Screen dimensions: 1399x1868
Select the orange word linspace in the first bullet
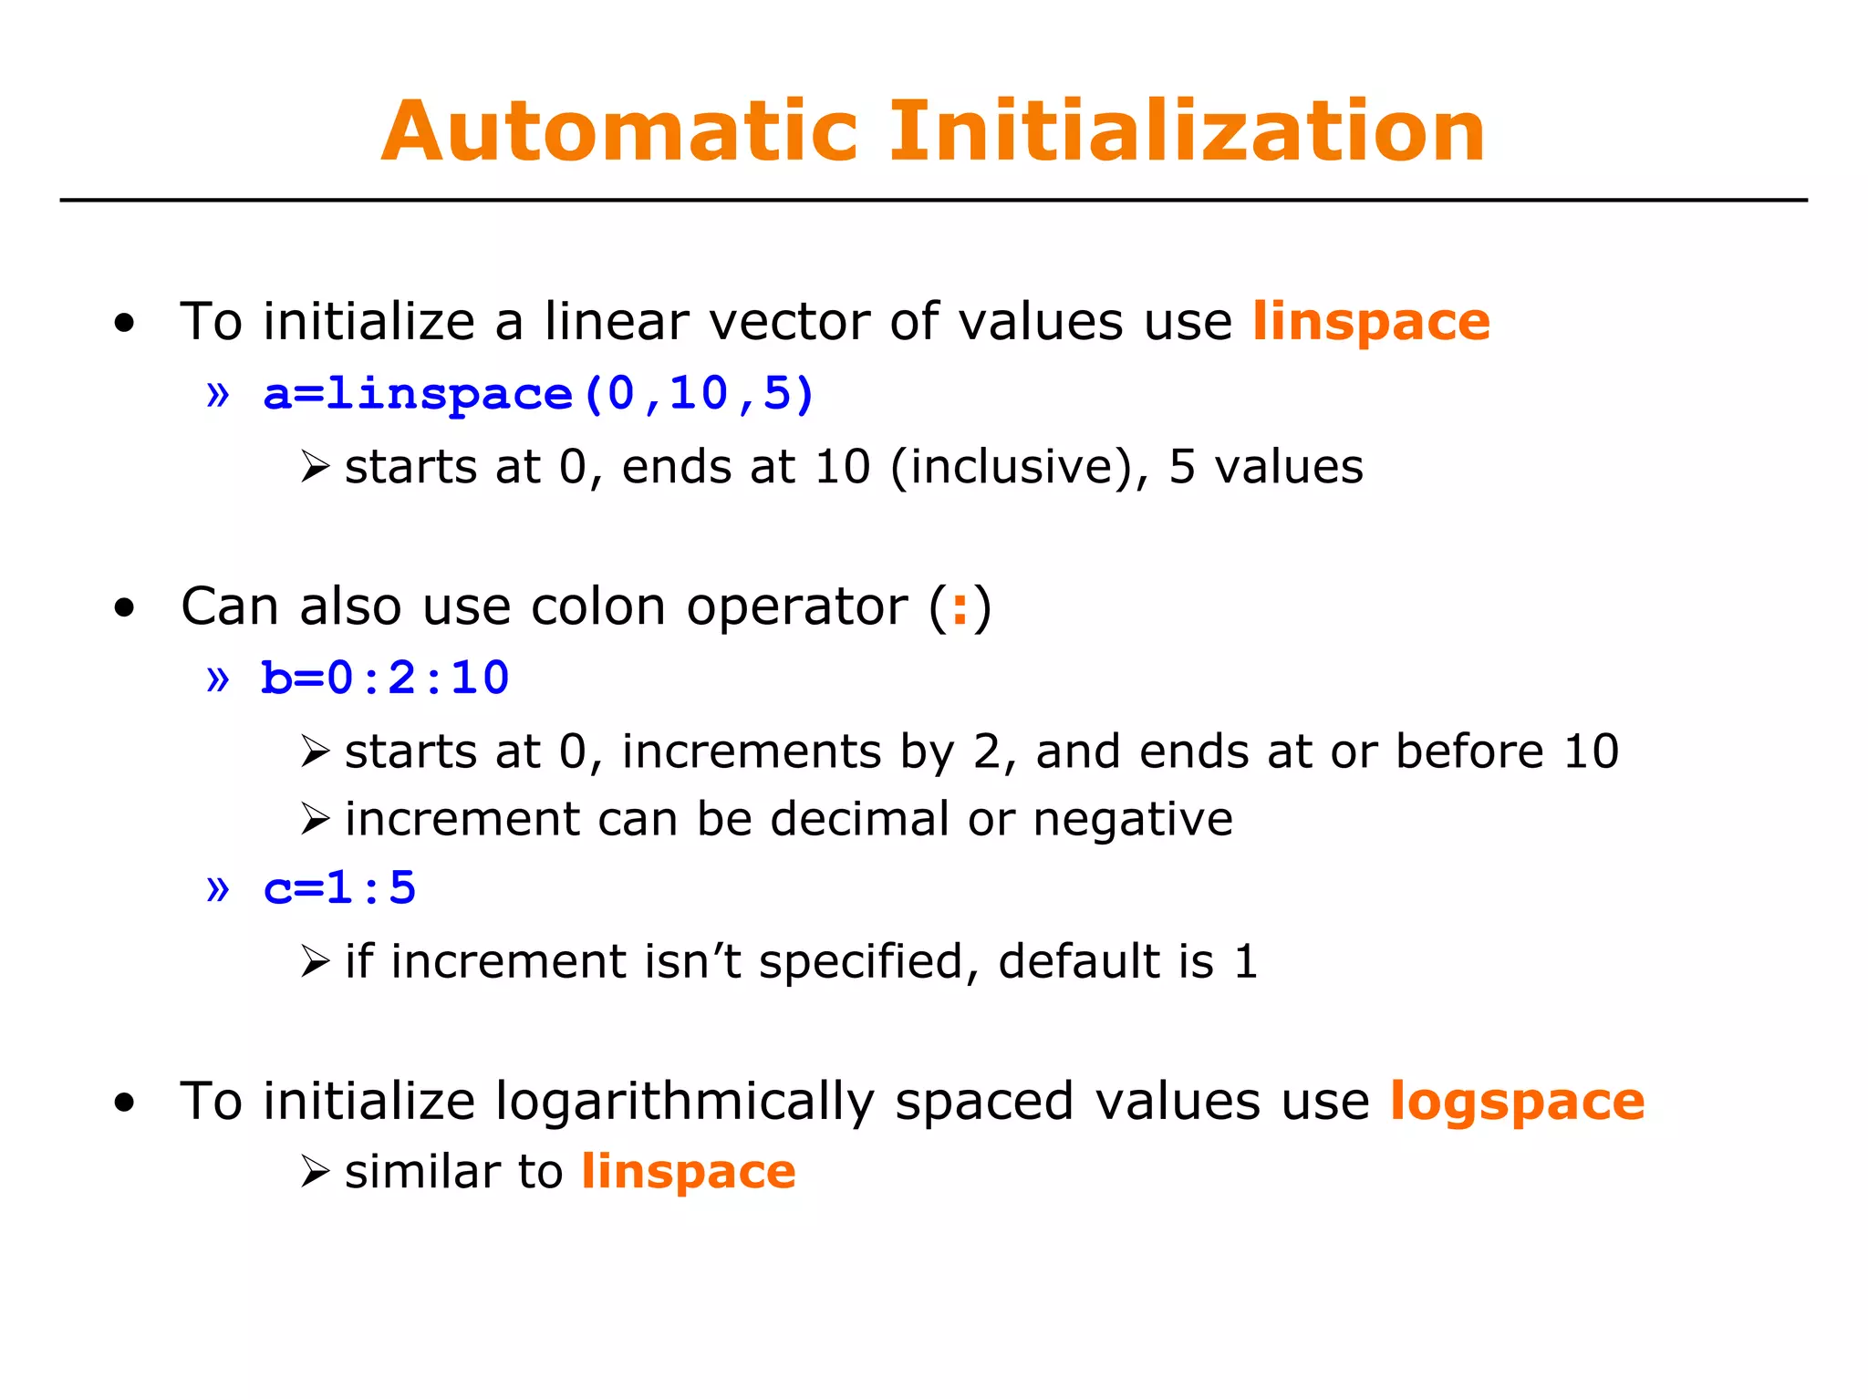(x=1370, y=322)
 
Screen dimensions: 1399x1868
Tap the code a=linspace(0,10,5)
(x=538, y=394)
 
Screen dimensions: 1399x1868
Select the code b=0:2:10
(x=385, y=679)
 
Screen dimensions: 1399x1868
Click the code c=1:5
(x=339, y=888)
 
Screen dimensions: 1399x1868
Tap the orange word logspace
(x=1517, y=1102)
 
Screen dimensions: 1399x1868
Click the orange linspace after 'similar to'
(x=689, y=1172)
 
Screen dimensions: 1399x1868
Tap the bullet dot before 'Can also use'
(x=125, y=608)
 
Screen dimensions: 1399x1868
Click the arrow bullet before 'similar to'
(x=315, y=1172)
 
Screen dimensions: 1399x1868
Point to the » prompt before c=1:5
(x=218, y=888)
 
